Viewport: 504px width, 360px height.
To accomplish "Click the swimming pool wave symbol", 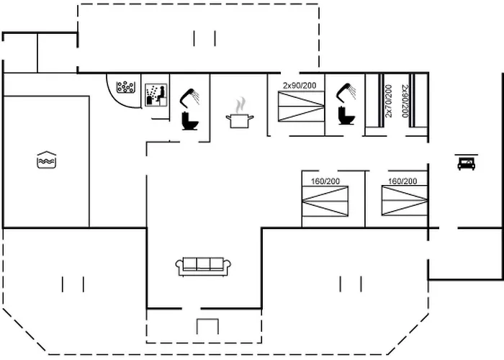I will click(45, 159).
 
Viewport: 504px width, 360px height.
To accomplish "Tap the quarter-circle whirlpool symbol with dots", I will click(126, 89).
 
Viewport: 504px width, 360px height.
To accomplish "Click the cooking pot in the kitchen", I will click(240, 119).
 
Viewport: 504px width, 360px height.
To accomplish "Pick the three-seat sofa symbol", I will click(204, 266).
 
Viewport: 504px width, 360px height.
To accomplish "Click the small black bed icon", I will click(465, 163).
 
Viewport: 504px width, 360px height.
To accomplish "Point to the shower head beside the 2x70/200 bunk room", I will click(347, 89).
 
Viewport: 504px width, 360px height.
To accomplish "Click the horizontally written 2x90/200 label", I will click(299, 86).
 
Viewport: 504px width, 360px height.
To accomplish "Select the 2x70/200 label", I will click(389, 101).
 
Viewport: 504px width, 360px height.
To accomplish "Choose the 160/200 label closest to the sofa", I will click(325, 181).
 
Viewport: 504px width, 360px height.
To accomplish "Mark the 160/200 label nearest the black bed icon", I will click(402, 181).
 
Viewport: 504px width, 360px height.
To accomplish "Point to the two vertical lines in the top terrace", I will click(204, 37).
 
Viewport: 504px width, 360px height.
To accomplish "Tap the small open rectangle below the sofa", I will click(207, 326).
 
